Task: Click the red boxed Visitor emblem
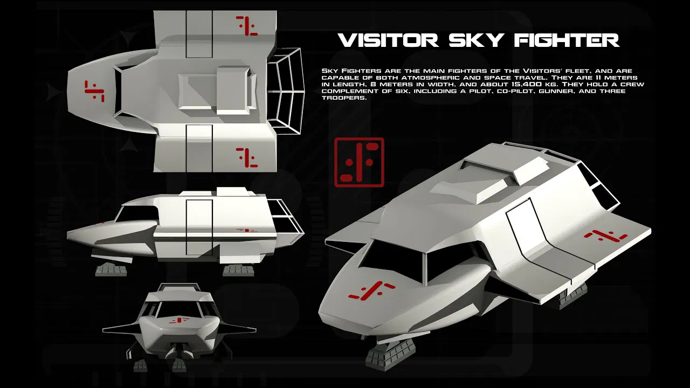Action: (359, 162)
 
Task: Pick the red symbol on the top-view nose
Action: (94, 91)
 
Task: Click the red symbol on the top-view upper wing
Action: (247, 25)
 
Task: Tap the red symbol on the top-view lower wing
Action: (247, 157)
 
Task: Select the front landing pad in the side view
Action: (111, 269)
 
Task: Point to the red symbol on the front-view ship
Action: (175, 321)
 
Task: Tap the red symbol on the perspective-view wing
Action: (606, 235)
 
